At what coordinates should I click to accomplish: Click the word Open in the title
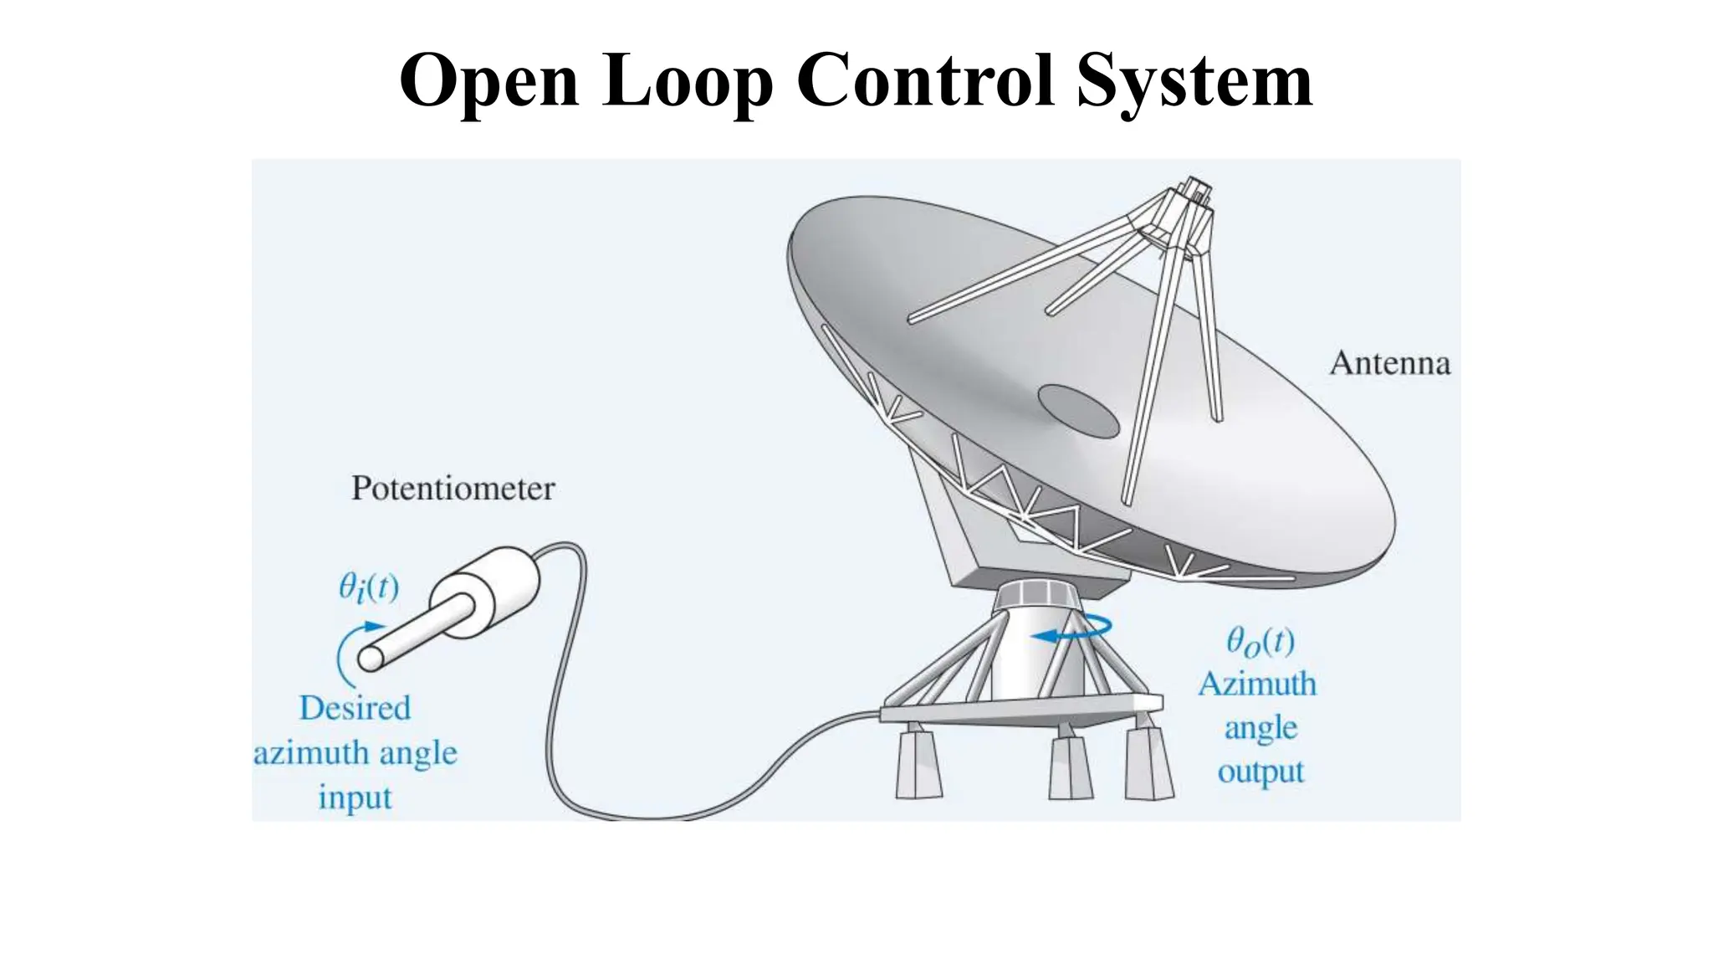tap(488, 81)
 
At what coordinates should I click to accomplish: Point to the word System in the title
tap(1194, 81)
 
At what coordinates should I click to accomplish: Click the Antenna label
tap(1389, 363)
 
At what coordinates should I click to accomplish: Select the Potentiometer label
tap(453, 489)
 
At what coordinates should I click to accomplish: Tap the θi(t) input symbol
tap(368, 587)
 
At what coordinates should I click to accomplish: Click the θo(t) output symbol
tap(1260, 643)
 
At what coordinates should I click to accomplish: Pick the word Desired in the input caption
tap(355, 709)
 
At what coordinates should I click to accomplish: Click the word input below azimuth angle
tap(355, 797)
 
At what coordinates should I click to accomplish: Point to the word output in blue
tap(1260, 772)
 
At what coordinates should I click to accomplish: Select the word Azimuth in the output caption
tap(1257, 685)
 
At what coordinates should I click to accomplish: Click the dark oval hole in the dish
tap(1078, 411)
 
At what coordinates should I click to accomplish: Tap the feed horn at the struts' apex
tap(1191, 197)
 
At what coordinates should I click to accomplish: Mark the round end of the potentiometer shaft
tap(371, 659)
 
